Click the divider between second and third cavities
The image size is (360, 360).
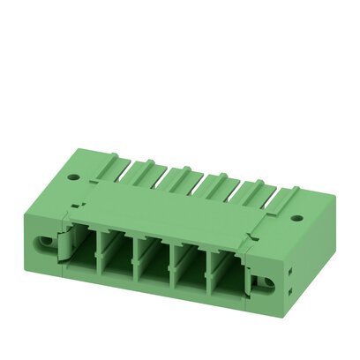pyautogui.click(x=135, y=262)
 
